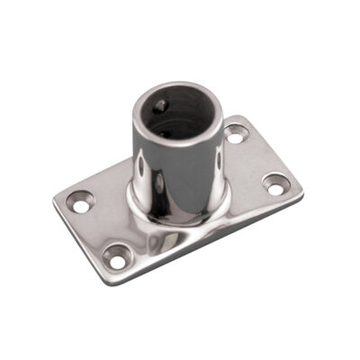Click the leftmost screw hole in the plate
(x=81, y=203)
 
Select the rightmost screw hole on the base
(x=276, y=184)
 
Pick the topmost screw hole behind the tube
(x=237, y=135)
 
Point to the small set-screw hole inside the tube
(x=159, y=106)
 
